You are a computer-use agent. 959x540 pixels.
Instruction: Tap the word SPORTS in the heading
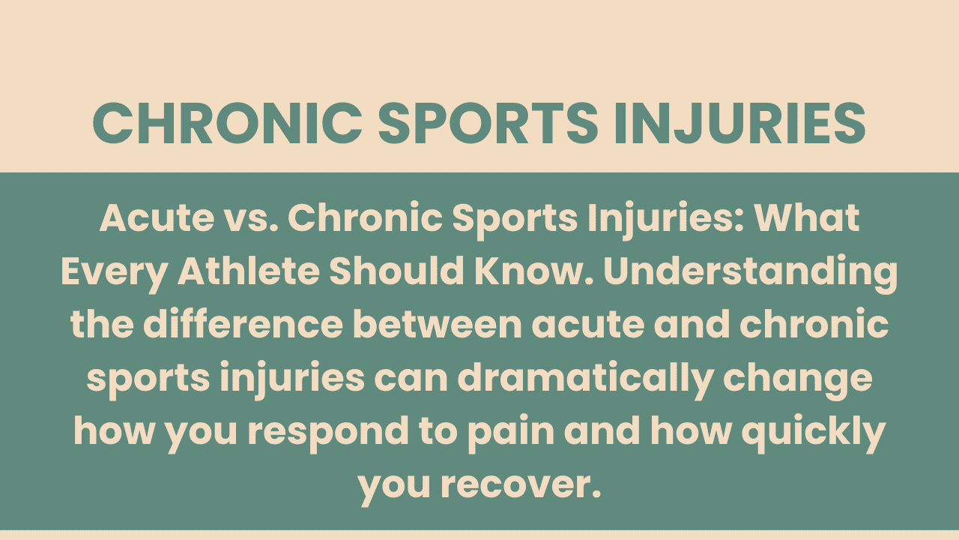[x=487, y=123]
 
